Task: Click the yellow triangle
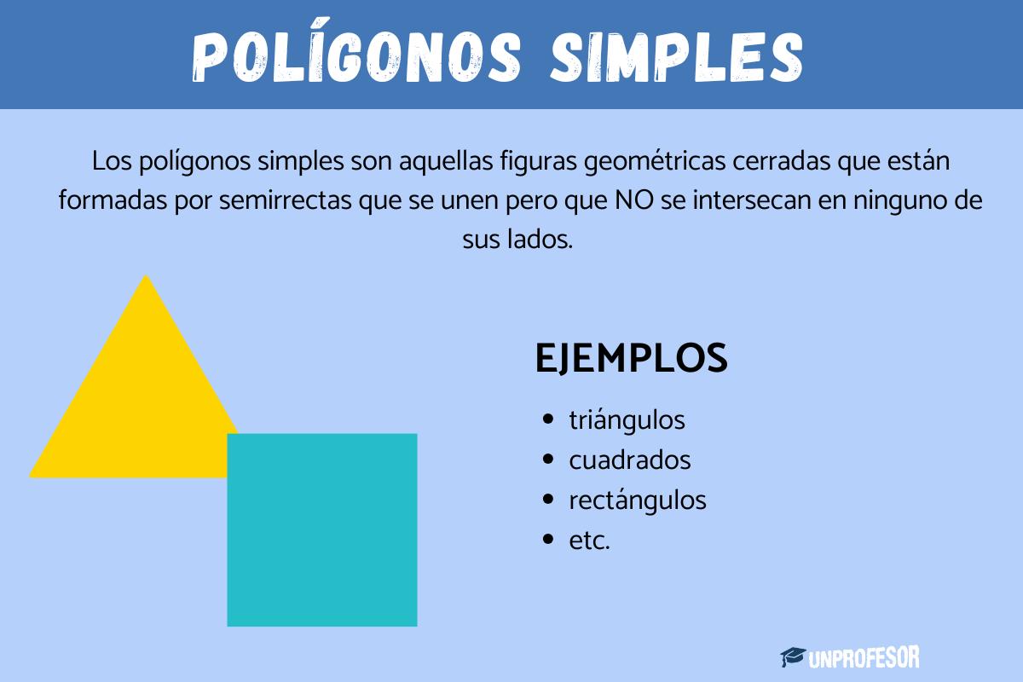[x=136, y=401]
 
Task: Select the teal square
[x=322, y=529]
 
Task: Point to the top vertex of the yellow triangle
[x=147, y=277]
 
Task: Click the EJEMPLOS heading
[x=631, y=358]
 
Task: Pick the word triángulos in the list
[x=627, y=420]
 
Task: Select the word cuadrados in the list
[x=629, y=460]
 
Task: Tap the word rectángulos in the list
[x=637, y=500]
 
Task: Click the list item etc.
[x=589, y=540]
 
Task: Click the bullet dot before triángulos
[x=548, y=420]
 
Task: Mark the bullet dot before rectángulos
[x=548, y=500]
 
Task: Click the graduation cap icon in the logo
[x=793, y=656]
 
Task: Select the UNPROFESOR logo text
[x=864, y=657]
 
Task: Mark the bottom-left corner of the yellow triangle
[x=32, y=475]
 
